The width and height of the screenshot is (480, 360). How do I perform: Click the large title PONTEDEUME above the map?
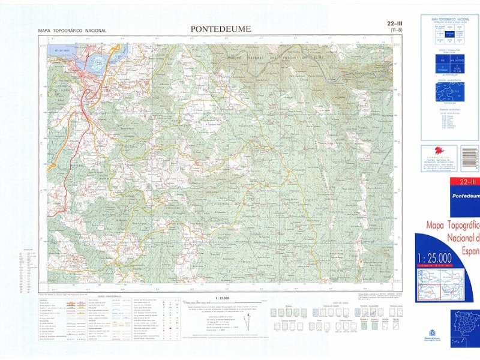pyautogui.click(x=221, y=29)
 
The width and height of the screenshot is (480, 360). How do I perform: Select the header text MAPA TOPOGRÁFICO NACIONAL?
pyautogui.click(x=72, y=30)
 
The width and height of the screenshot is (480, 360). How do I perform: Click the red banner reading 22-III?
pyautogui.click(x=466, y=182)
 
